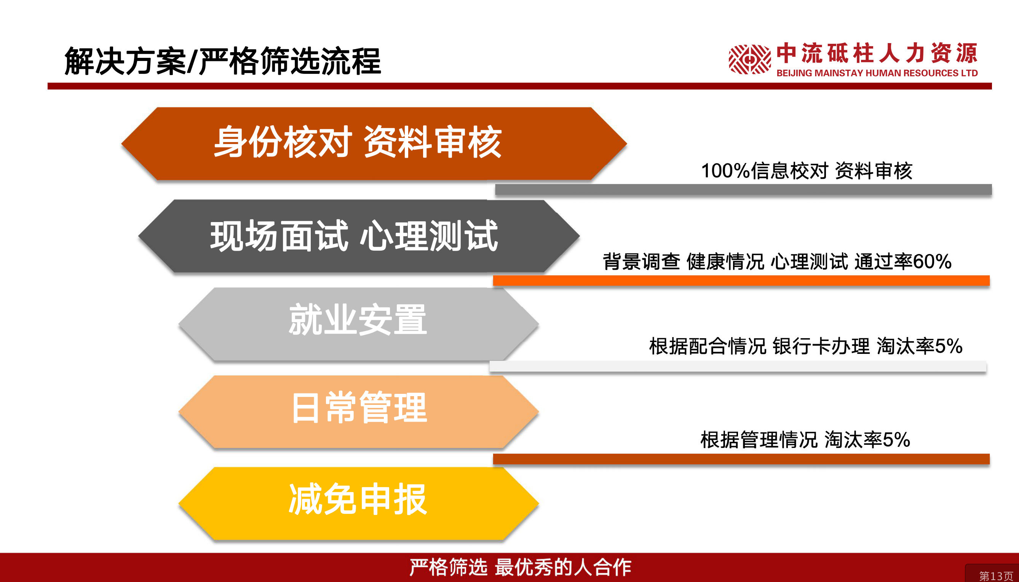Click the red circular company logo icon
coord(750,59)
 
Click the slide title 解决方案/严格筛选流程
coord(223,61)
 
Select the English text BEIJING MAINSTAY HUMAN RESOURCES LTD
coord(877,73)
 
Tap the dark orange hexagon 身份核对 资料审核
coord(374,144)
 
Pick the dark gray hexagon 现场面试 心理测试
coord(359,236)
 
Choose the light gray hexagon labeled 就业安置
coord(358,324)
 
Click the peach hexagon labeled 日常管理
coord(358,412)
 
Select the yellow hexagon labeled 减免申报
coord(358,504)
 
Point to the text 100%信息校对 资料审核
coord(807,171)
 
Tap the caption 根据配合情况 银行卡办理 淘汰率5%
coord(806,346)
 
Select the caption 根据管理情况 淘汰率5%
coord(805,440)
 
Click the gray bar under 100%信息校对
coord(743,189)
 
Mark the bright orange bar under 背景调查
coord(741,281)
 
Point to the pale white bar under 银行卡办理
coord(738,366)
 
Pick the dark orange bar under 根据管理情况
coord(741,459)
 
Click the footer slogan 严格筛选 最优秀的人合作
coord(520,567)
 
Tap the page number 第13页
coord(996,576)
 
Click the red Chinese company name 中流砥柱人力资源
coord(877,53)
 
